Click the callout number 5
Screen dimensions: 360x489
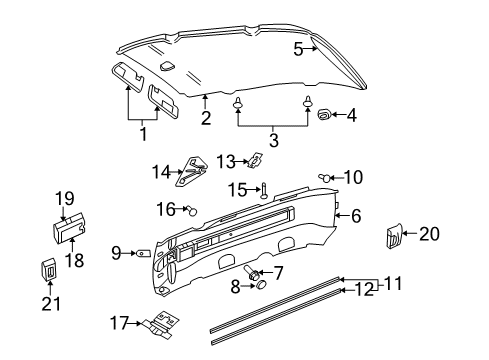point(298,47)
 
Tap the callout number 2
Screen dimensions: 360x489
point(205,119)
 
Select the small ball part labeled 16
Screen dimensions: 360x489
point(192,209)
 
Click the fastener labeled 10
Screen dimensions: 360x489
point(327,178)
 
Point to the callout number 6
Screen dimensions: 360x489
point(355,214)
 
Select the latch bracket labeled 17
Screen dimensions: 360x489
point(155,324)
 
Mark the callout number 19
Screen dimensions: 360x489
point(65,198)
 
